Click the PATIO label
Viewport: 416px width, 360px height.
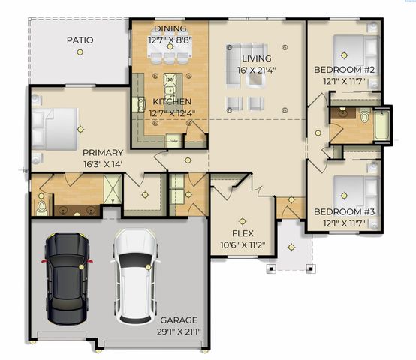click(80, 40)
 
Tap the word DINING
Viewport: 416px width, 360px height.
click(169, 28)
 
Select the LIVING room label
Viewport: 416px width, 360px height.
click(256, 58)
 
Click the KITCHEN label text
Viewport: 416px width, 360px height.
click(172, 101)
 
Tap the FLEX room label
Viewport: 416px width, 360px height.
click(243, 222)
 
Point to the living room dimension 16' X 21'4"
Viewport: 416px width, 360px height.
click(256, 70)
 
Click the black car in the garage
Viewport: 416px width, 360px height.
click(67, 274)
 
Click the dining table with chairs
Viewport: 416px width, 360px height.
click(170, 53)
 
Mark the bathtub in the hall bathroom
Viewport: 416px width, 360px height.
click(382, 125)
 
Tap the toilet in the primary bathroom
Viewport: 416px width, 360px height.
click(41, 205)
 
